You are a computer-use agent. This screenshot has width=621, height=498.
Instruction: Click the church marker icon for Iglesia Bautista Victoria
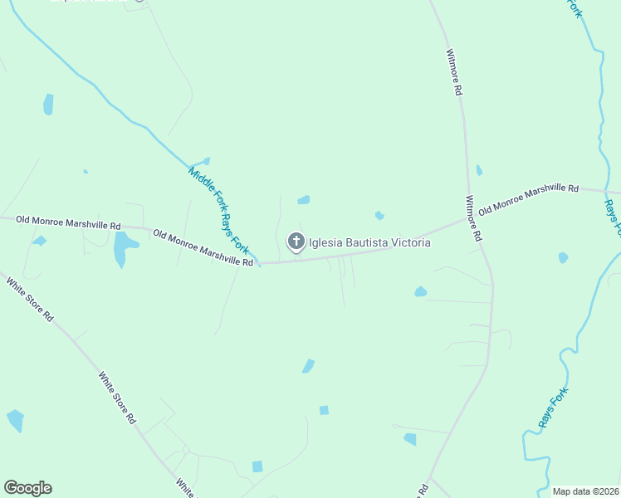click(x=296, y=242)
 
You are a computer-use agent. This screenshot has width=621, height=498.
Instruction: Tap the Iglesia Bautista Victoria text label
click(x=370, y=243)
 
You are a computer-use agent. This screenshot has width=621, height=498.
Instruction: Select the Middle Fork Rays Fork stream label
click(x=218, y=209)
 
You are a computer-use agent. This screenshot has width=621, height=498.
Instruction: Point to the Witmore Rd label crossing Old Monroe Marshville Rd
click(x=473, y=218)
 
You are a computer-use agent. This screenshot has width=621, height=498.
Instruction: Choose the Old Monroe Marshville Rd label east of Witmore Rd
click(x=528, y=199)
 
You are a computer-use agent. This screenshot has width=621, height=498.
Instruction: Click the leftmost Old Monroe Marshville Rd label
click(x=69, y=224)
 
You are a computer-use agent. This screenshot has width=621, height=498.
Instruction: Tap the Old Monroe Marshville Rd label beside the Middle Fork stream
click(x=203, y=248)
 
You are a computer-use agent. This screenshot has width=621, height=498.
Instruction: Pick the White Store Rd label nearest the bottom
click(x=185, y=487)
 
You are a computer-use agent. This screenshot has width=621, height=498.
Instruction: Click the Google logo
click(x=27, y=488)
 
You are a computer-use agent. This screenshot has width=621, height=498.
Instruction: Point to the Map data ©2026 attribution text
click(x=585, y=491)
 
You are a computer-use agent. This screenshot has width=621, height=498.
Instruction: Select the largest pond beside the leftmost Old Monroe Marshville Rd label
click(x=124, y=248)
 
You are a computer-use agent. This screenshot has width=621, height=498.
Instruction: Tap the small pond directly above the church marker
click(x=304, y=199)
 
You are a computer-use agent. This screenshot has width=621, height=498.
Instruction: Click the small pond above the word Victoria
click(x=379, y=216)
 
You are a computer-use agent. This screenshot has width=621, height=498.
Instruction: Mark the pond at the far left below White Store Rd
click(x=15, y=420)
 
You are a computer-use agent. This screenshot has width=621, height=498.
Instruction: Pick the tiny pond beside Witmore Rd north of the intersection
click(x=479, y=170)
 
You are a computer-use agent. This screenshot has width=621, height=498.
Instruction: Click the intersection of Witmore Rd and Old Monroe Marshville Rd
click(x=470, y=221)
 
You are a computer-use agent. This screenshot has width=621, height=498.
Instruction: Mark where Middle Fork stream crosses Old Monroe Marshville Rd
click(x=260, y=263)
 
